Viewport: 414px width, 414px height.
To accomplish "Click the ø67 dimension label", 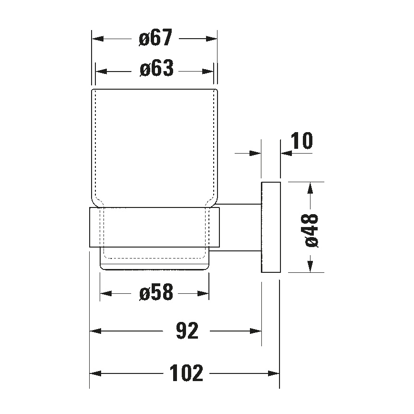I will [x=155, y=38].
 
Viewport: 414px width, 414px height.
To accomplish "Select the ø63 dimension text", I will [x=156, y=70].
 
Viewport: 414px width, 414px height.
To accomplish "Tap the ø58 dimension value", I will [x=155, y=293].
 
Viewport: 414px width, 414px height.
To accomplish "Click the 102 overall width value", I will [x=186, y=373].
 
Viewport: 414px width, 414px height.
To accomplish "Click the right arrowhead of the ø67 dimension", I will [x=213, y=39].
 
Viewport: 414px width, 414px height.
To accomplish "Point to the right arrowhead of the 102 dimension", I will [x=275, y=373].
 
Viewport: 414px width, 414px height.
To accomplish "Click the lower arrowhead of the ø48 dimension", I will [x=311, y=268].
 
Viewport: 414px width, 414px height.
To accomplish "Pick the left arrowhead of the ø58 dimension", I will [x=104, y=293].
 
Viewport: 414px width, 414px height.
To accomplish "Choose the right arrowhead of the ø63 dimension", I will [x=210, y=71].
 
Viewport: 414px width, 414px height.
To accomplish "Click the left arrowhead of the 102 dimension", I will [x=94, y=373].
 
